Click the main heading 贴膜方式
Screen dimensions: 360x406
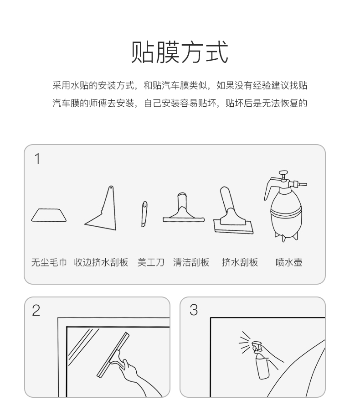click(180, 52)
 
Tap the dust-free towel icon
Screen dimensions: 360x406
click(49, 215)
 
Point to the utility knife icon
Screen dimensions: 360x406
click(144, 214)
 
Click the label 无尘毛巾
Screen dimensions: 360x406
click(49, 262)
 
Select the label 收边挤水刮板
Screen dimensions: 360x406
click(101, 262)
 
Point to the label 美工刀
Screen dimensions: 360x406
click(151, 262)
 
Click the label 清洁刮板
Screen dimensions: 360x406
click(191, 262)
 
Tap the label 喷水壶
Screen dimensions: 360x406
click(289, 262)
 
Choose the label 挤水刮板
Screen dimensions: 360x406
click(240, 262)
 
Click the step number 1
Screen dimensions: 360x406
click(37, 159)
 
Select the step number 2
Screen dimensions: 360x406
click(36, 310)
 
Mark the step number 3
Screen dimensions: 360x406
click(194, 310)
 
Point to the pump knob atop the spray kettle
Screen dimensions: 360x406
click(283, 172)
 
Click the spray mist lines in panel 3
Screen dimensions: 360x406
click(245, 342)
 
